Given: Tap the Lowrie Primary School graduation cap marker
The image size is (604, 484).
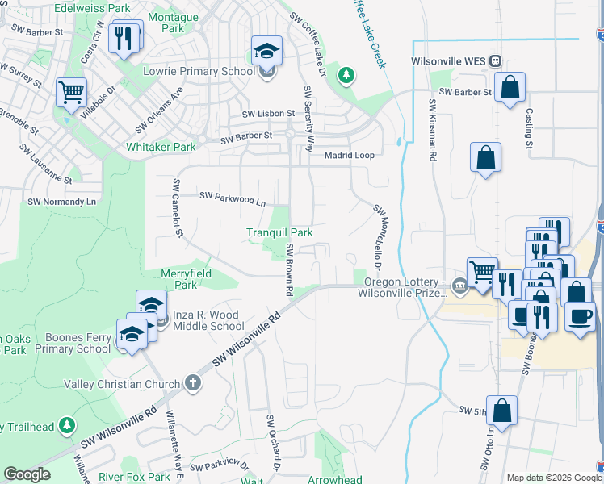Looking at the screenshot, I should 266,51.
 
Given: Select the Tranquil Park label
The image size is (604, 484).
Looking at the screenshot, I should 279,233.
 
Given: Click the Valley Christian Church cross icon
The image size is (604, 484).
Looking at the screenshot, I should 192,382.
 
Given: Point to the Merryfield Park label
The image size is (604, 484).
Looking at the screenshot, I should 186,279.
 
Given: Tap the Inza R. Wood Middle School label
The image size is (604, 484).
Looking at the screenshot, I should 208,320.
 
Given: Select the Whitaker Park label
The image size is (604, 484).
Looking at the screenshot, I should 161,148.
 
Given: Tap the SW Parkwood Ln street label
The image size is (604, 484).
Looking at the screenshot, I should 233,198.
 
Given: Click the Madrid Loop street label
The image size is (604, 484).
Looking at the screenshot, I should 350,155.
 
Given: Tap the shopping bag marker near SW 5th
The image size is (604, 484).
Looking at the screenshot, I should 502,411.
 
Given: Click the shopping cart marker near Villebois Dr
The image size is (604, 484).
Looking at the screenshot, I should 72,93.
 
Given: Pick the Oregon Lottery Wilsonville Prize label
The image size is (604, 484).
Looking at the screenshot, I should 402,287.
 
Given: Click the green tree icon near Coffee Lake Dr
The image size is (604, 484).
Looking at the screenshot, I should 346,75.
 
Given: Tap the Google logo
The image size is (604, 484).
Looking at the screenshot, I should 27,474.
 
